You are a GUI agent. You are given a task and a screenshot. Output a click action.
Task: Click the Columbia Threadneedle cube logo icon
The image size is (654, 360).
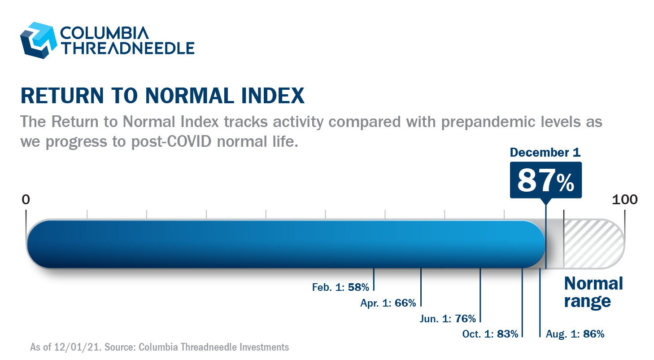coord(38,40)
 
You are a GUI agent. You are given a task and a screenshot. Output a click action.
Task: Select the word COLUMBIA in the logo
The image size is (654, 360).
coord(105,33)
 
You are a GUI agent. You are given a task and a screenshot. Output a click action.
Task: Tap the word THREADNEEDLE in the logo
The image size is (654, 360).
coord(127,48)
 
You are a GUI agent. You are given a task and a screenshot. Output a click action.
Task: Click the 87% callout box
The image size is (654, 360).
coord(546,180)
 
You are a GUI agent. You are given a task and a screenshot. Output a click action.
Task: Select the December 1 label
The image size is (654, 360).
coord(545,152)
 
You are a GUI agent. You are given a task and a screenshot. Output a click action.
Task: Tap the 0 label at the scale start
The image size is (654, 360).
coord(26,200)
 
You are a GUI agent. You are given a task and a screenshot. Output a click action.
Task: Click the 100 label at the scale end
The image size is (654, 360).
coord(624,200)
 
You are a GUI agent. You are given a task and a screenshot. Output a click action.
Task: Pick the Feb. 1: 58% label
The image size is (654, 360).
coord(340,287)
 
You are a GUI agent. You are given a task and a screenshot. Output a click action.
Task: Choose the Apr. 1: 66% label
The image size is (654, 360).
coord(388,303)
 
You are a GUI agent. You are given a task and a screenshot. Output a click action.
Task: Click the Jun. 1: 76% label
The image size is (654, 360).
coord(448,319)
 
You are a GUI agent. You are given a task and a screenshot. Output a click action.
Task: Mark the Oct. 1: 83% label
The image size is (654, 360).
coord(490,334)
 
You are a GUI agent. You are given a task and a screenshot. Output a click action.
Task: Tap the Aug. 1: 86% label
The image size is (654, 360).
coord(575,334)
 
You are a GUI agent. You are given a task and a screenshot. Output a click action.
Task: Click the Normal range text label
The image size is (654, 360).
coord(593,293)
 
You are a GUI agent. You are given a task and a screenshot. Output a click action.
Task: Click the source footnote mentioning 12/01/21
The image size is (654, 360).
coord(159,347)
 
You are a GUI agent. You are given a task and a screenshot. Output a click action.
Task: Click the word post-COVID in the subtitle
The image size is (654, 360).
coord(171,142)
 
